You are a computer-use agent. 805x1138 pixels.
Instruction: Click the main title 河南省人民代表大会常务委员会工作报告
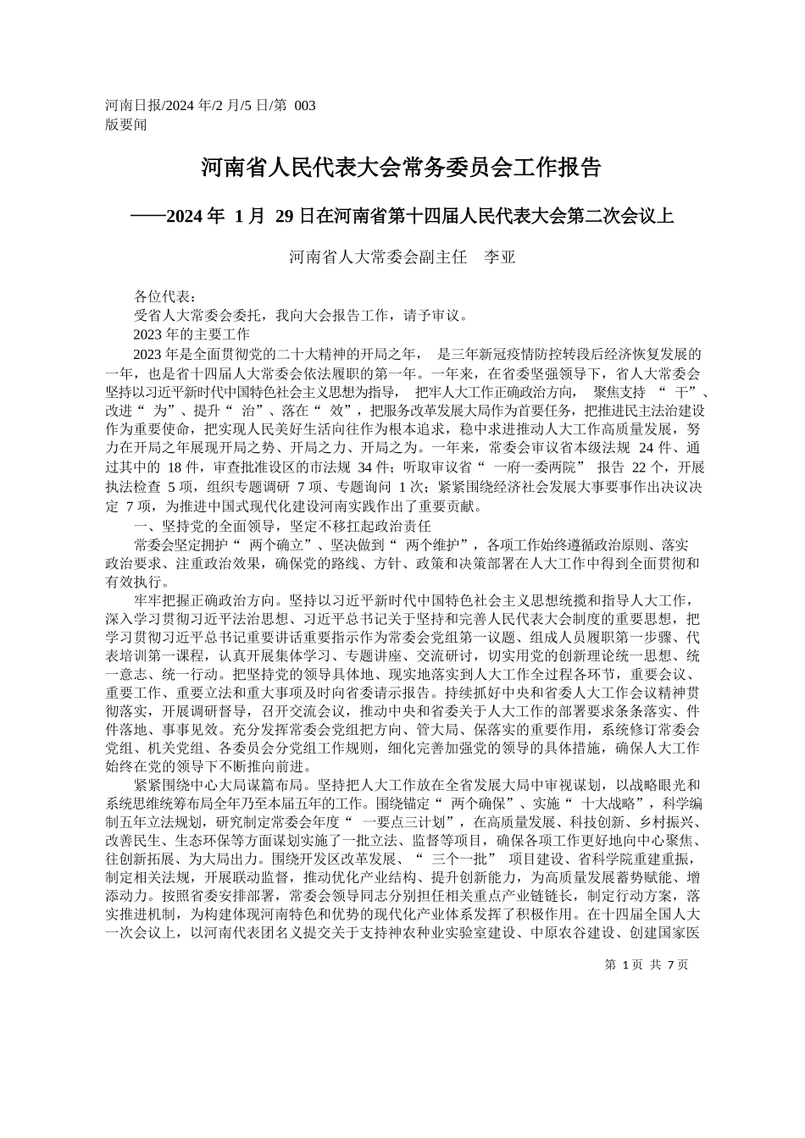(x=402, y=167)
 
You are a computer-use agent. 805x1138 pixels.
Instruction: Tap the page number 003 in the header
(x=304, y=105)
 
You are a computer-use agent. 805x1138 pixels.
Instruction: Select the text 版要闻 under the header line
(x=125, y=124)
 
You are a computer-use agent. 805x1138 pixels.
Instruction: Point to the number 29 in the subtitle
(x=285, y=217)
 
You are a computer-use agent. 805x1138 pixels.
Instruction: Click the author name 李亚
(x=499, y=257)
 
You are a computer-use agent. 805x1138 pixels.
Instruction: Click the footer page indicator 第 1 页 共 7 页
(x=647, y=964)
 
